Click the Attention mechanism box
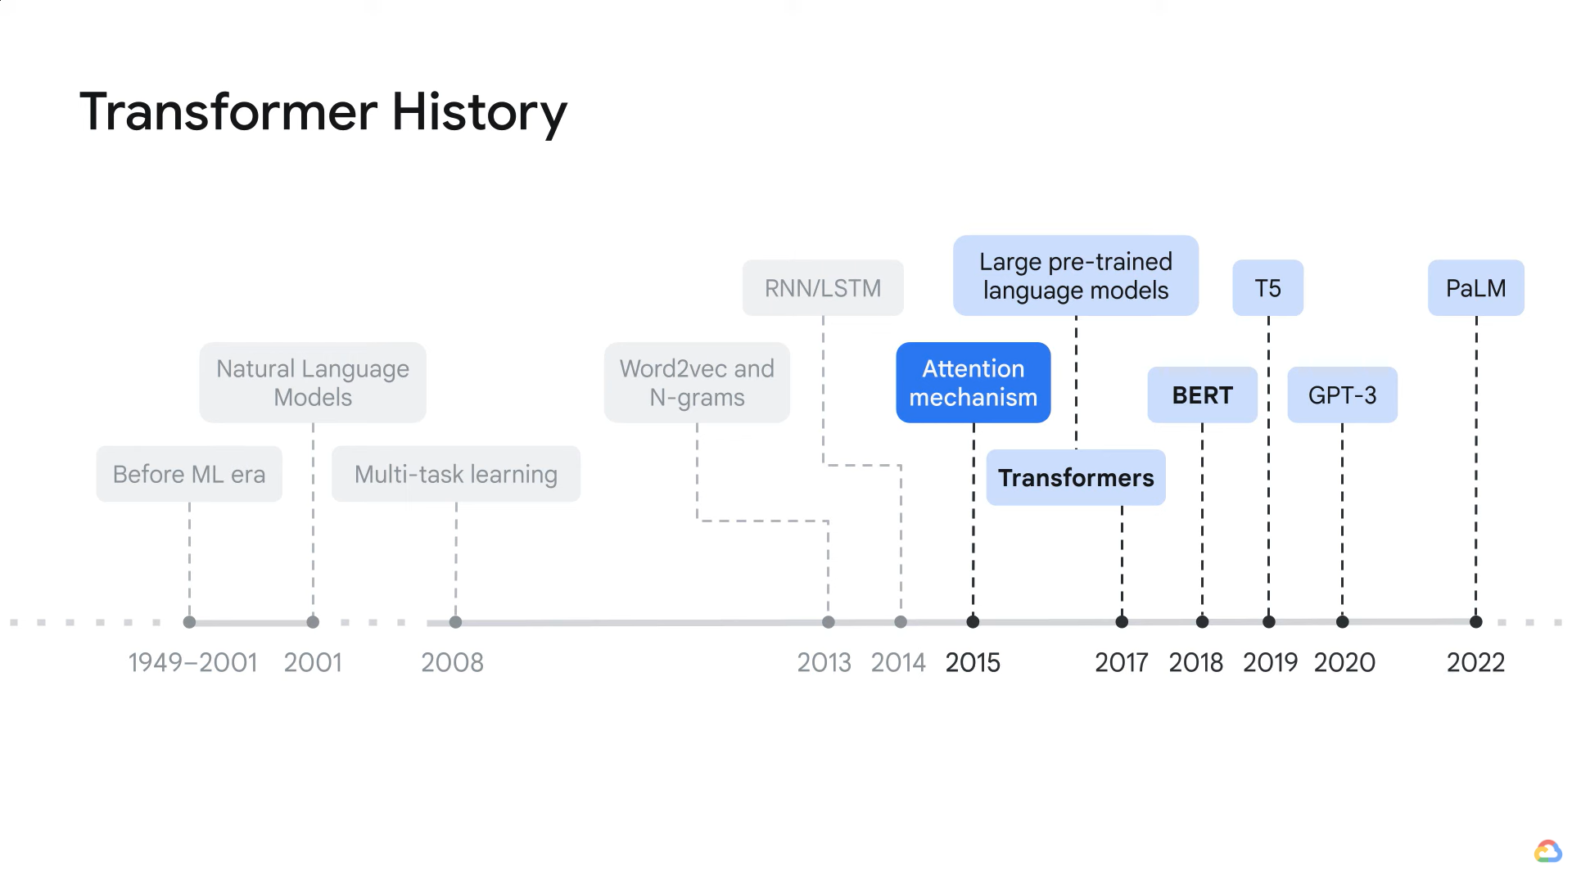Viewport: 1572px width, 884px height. [x=973, y=382]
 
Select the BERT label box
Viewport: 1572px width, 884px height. [x=1202, y=395]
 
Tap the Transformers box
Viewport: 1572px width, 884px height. [x=1076, y=477]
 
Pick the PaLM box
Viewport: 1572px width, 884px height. [x=1475, y=288]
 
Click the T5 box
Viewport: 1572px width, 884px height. [x=1267, y=288]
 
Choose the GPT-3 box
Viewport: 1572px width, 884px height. [x=1342, y=395]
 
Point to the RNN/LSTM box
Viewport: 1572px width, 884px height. [x=823, y=288]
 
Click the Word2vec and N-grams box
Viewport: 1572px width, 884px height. [x=697, y=382]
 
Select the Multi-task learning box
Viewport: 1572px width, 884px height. [x=456, y=474]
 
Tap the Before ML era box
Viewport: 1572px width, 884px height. [x=189, y=474]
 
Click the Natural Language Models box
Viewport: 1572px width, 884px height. [x=313, y=382]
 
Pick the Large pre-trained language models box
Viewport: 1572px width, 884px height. [x=1076, y=276]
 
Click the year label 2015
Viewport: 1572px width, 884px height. [x=973, y=662]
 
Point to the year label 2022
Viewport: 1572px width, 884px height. [x=1475, y=662]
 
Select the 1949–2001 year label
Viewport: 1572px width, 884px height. [x=192, y=662]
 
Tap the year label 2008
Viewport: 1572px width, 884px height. [x=452, y=662]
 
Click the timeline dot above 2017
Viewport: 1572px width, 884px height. [x=1122, y=622]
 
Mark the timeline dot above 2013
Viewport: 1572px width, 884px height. [x=829, y=622]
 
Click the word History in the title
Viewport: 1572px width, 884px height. [x=479, y=112]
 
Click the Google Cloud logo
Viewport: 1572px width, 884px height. [x=1547, y=851]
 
